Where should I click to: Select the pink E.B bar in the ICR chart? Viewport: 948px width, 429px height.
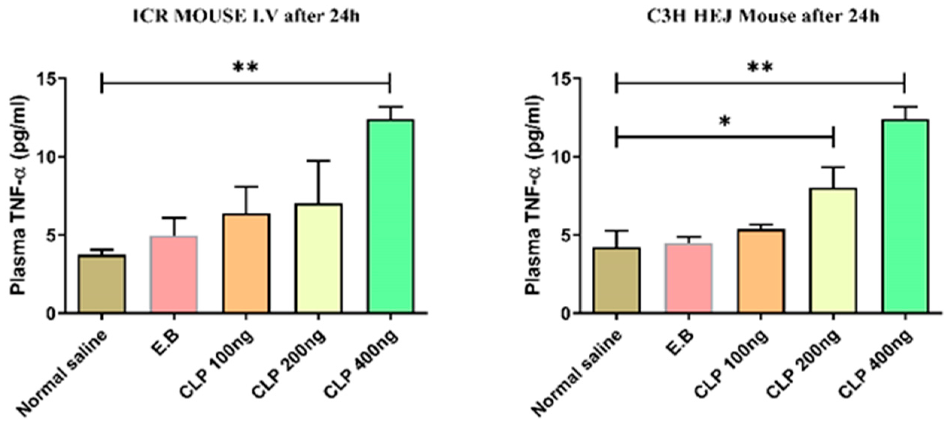pyautogui.click(x=174, y=274)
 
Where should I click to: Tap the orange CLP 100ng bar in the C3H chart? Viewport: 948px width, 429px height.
pyautogui.click(x=761, y=271)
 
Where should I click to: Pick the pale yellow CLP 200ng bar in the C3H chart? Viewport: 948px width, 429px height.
pyautogui.click(x=834, y=251)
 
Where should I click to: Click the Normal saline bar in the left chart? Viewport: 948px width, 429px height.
pyautogui.click(x=102, y=284)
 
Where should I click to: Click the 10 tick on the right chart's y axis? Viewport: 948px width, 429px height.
pyautogui.click(x=561, y=157)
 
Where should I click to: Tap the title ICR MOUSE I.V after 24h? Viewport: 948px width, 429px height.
pyautogui.click(x=247, y=17)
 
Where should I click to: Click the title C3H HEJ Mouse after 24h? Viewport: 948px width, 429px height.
pyautogui.click(x=763, y=17)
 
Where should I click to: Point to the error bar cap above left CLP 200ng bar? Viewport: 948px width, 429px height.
pyautogui.click(x=318, y=161)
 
